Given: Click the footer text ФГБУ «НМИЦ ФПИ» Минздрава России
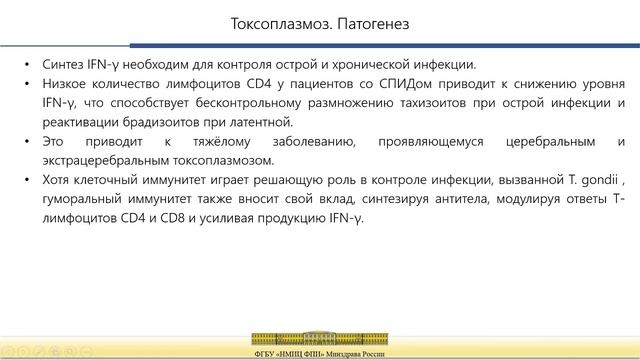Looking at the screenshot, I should pyautogui.click(x=319, y=353).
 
